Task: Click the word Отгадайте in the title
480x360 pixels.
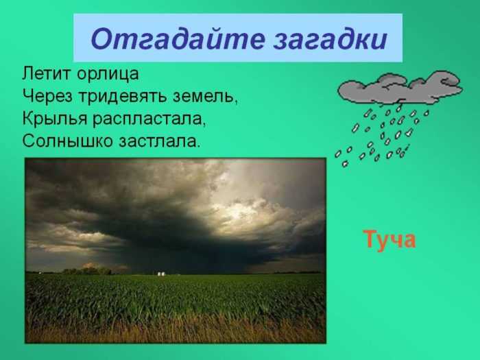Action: click(x=177, y=39)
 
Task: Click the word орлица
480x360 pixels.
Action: click(x=108, y=75)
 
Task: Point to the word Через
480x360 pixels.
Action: click(x=47, y=97)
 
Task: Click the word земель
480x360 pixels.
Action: click(x=205, y=97)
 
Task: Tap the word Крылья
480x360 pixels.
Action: click(x=54, y=119)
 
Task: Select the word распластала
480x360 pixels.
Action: click(x=149, y=119)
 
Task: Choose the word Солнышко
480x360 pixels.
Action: click(x=68, y=141)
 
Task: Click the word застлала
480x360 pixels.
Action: click(x=159, y=141)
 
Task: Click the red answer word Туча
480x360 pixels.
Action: click(x=389, y=240)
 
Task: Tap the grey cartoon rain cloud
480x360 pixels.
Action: click(x=400, y=88)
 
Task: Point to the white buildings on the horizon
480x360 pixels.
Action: click(x=161, y=274)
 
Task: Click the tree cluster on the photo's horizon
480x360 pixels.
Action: click(x=87, y=271)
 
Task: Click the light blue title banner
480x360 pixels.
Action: click(x=238, y=38)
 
